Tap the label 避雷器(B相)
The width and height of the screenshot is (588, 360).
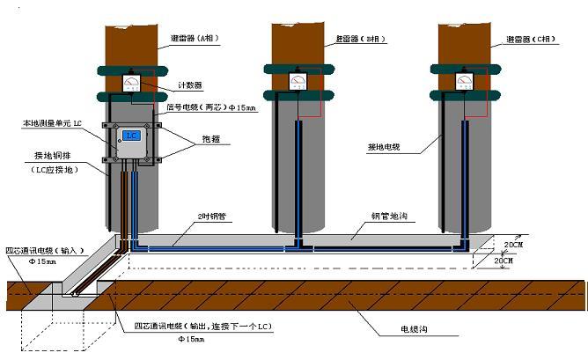tap(362, 40)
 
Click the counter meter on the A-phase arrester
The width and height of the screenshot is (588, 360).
tap(131, 84)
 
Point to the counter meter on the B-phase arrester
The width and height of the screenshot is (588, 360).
tap(297, 82)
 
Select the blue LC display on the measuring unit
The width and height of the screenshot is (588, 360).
tap(131, 136)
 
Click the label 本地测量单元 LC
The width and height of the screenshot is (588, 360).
tap(53, 124)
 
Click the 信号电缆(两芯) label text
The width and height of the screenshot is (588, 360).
tap(211, 107)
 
